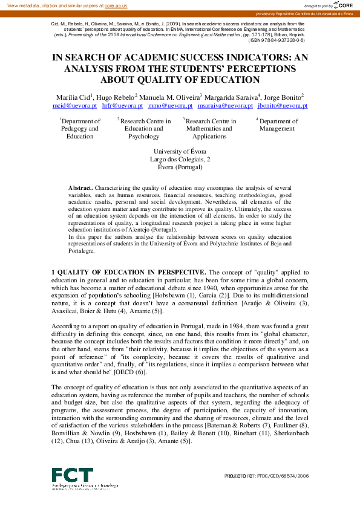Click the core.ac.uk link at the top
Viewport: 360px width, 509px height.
tap(116, 5)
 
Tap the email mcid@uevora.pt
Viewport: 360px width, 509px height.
tap(75, 105)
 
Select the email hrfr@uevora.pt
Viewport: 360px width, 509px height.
tap(122, 105)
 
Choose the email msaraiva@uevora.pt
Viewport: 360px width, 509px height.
tap(225, 105)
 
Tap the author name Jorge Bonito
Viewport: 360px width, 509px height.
tap(283, 97)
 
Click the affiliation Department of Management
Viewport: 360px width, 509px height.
tap(277, 125)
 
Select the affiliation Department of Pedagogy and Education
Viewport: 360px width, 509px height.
tap(80, 129)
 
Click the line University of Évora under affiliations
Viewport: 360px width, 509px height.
tap(180, 152)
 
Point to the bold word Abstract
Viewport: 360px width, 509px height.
tap(80, 189)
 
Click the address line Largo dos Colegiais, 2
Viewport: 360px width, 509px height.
tap(180, 160)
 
